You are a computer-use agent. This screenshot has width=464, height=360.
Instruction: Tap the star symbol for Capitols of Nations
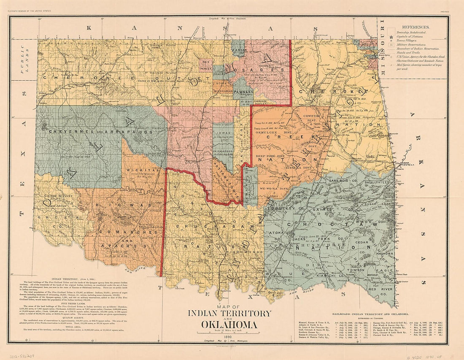click(392, 38)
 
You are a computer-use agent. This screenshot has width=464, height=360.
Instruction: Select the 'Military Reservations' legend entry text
click(411, 44)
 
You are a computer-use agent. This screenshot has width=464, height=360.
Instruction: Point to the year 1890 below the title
click(230, 336)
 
